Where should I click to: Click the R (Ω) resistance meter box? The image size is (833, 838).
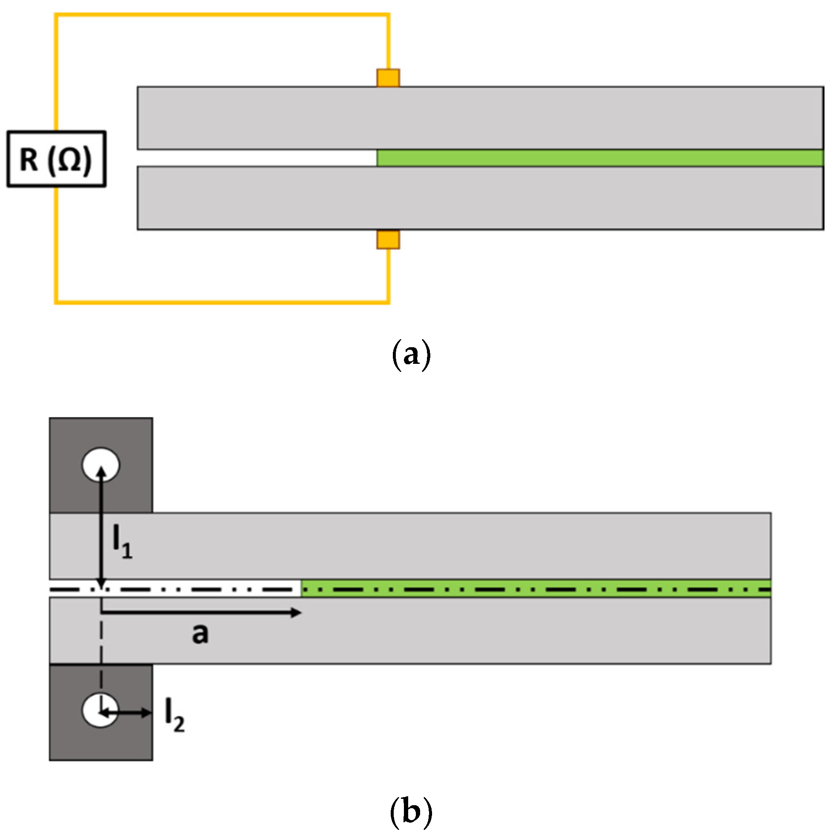click(x=56, y=159)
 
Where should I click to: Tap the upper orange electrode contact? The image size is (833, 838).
click(x=388, y=78)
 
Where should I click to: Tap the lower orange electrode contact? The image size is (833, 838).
click(x=388, y=240)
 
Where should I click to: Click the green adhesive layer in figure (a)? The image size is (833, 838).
click(x=599, y=158)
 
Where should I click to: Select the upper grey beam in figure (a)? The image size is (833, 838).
click(x=477, y=118)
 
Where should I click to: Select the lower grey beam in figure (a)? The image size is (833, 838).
click(x=477, y=198)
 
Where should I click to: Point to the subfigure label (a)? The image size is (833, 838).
click(x=410, y=355)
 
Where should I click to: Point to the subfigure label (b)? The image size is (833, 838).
click(x=410, y=811)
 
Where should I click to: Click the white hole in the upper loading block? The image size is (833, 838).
click(x=101, y=464)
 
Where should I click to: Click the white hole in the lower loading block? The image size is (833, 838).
click(x=101, y=710)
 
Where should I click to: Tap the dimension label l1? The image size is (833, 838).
click(x=122, y=543)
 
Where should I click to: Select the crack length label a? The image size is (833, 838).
click(x=200, y=634)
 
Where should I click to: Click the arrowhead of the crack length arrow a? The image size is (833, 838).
click(x=297, y=613)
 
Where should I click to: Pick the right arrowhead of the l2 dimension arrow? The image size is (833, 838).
click(x=147, y=712)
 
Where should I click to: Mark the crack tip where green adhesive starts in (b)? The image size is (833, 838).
click(x=302, y=590)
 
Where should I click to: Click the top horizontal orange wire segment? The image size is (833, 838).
click(x=221, y=15)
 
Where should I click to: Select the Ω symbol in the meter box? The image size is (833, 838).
click(x=69, y=159)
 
